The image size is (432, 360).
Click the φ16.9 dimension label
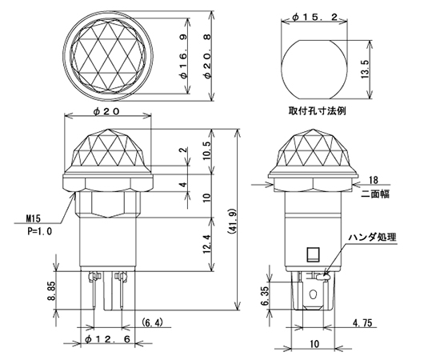[184, 56]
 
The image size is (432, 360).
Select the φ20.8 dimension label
[208, 56]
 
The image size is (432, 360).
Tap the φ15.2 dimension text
[315, 18]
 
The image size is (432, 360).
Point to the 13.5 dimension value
[365, 70]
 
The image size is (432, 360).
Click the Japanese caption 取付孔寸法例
[317, 111]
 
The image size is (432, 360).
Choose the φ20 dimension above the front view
[106, 111]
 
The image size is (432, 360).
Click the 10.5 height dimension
[207, 150]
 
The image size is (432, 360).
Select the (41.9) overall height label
[231, 221]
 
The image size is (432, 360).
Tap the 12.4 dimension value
[207, 244]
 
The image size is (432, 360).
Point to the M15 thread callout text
[33, 218]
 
